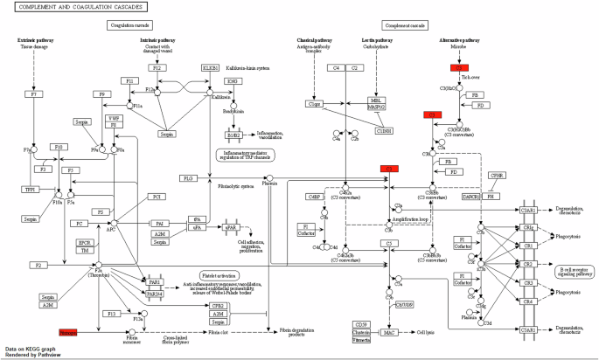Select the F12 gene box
[157, 67]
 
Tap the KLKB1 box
[210, 67]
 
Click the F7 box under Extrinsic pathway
[35, 93]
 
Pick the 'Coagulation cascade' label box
[133, 25]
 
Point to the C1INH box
[383, 131]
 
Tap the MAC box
[390, 333]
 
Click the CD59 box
[386, 325]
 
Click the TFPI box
[31, 189]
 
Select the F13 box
[112, 313]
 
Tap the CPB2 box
[216, 306]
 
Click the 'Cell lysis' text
[426, 333]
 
